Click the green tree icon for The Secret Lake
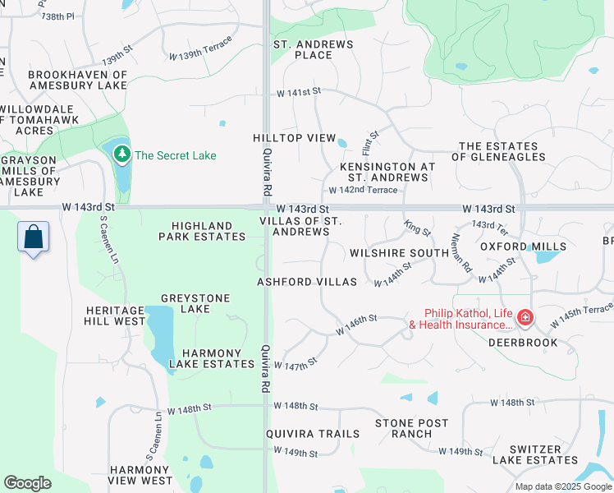pos(122,154)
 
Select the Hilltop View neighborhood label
pos(294,138)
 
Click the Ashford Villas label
pos(307,282)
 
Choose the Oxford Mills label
pos(523,246)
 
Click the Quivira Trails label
pos(312,434)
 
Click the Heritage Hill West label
pos(115,316)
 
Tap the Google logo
pos(27,483)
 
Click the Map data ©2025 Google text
pos(562,486)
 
